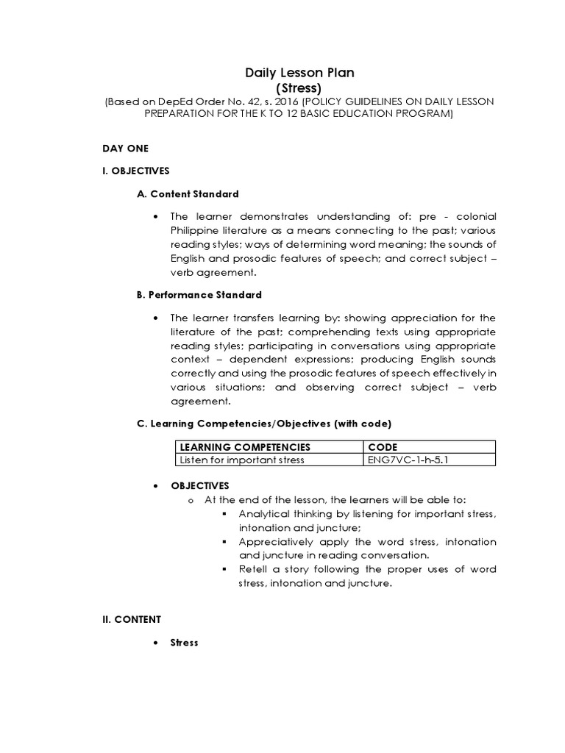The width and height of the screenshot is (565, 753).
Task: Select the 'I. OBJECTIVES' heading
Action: pyautogui.click(x=136, y=171)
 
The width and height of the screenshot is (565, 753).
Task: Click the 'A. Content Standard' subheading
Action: pyautogui.click(x=188, y=194)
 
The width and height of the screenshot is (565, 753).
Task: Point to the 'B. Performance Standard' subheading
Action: pyautogui.click(x=199, y=295)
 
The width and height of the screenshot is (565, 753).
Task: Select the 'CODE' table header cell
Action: pyautogui.click(x=382, y=447)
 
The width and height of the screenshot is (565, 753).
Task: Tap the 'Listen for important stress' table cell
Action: pyautogui.click(x=242, y=460)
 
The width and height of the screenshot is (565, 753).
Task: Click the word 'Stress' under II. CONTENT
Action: pyautogui.click(x=184, y=643)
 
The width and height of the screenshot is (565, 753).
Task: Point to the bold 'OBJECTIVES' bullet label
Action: pyautogui.click(x=200, y=486)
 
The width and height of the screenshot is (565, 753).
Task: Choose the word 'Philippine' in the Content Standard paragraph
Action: pyautogui.click(x=196, y=231)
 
